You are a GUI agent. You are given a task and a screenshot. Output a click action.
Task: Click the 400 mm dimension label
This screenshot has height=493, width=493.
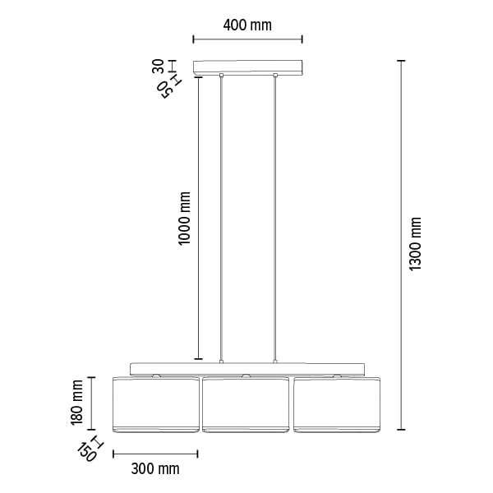click(247, 25)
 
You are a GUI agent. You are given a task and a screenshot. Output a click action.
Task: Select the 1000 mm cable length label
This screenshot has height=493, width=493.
click(184, 218)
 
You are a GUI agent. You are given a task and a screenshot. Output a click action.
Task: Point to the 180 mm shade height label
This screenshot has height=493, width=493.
click(76, 403)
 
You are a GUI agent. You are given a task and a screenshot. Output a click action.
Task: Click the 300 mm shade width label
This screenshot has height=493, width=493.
click(155, 469)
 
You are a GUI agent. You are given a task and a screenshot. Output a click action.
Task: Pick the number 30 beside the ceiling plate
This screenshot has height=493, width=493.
click(158, 67)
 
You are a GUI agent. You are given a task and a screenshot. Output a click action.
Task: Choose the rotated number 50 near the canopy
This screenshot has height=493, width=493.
click(165, 90)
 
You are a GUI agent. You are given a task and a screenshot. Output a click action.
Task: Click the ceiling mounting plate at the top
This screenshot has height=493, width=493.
click(247, 67)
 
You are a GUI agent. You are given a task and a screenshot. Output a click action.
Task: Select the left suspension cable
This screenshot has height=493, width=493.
click(221, 219)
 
